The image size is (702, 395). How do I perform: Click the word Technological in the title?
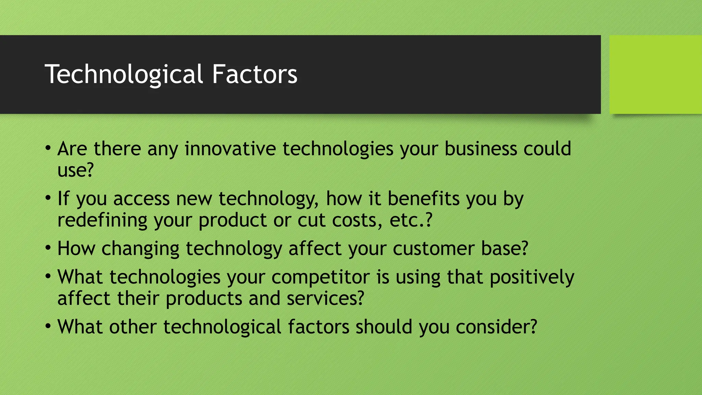click(x=124, y=74)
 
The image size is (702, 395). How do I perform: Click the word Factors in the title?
click(x=254, y=74)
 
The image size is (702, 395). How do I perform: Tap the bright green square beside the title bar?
click(x=655, y=74)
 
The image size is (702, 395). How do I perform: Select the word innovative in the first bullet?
click(x=230, y=149)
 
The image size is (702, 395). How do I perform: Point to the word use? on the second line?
click(x=75, y=170)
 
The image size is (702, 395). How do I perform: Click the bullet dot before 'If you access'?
click(x=48, y=198)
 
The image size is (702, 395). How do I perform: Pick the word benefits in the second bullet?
click(x=424, y=199)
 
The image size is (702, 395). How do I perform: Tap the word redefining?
click(x=102, y=220)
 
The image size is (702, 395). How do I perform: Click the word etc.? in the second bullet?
click(x=411, y=220)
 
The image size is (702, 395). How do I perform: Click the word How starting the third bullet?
click(x=76, y=248)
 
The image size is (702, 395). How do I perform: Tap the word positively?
click(x=532, y=277)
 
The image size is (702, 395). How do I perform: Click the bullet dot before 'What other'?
click(x=48, y=326)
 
